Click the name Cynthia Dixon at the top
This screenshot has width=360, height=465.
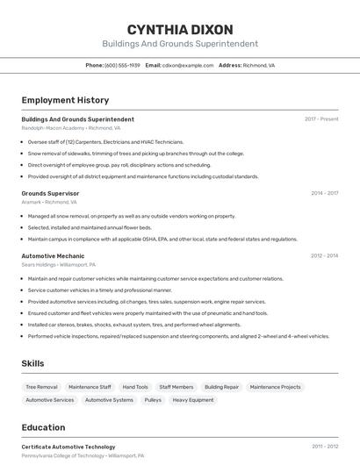[180, 29]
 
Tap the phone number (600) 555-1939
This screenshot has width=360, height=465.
[122, 65]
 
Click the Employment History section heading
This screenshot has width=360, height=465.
[65, 100]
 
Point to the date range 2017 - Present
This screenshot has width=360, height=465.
[321, 119]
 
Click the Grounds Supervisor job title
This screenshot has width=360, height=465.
[50, 193]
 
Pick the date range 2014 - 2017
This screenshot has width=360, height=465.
[324, 193]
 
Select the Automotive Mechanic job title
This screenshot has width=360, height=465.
[53, 256]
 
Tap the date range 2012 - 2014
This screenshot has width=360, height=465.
[324, 256]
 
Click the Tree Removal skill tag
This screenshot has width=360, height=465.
[41, 387]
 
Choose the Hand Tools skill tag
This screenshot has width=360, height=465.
[135, 387]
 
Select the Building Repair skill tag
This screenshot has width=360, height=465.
[221, 387]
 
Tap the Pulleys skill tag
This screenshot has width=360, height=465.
[153, 400]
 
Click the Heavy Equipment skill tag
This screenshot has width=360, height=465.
[192, 400]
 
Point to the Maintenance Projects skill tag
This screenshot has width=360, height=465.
[275, 387]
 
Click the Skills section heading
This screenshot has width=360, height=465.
[33, 363]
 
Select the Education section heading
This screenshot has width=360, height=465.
[43, 427]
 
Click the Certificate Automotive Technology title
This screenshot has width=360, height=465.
[68, 447]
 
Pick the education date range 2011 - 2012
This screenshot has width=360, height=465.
[324, 447]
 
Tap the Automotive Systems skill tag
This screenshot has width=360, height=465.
[109, 400]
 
